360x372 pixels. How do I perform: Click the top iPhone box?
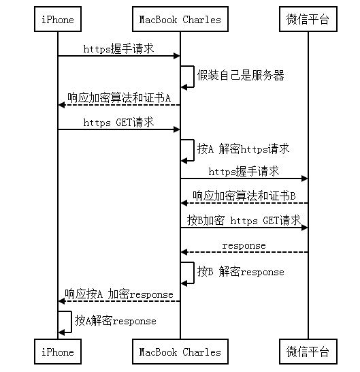tap(57, 20)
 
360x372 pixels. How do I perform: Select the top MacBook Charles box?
tap(180, 20)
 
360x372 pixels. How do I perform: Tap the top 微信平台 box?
tap(308, 20)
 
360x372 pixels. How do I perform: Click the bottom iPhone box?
tap(57, 352)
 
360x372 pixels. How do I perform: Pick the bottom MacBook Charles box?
tap(180, 352)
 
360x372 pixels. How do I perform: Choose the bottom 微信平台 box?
tap(308, 352)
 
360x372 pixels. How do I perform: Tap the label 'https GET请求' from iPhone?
tap(118, 123)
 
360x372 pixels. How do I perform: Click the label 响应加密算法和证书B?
tap(244, 196)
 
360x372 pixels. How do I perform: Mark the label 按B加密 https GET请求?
tap(244, 221)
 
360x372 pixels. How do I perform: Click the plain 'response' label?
tap(244, 245)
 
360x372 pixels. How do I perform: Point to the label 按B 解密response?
tap(240, 271)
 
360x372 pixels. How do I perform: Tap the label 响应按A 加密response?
tap(118, 294)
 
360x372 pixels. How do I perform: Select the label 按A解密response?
tap(115, 320)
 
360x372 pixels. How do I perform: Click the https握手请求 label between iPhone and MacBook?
tap(118, 49)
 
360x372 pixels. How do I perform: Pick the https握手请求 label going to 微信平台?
tap(244, 172)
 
